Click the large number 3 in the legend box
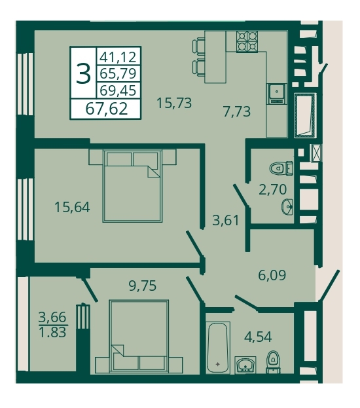[84, 74]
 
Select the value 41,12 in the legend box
[118, 57]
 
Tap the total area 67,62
[107, 109]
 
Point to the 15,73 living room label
[174, 103]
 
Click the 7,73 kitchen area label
[237, 111]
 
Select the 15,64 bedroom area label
[72, 208]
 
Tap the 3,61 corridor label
[226, 221]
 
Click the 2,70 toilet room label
[272, 189]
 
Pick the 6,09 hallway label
[272, 275]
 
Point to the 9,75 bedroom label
[143, 286]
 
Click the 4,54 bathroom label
[258, 337]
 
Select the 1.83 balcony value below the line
[52, 332]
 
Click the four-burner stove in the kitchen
[247, 42]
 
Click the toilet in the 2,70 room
[281, 168]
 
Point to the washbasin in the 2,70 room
[287, 207]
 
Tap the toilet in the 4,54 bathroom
[273, 362]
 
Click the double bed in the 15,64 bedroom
[132, 186]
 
